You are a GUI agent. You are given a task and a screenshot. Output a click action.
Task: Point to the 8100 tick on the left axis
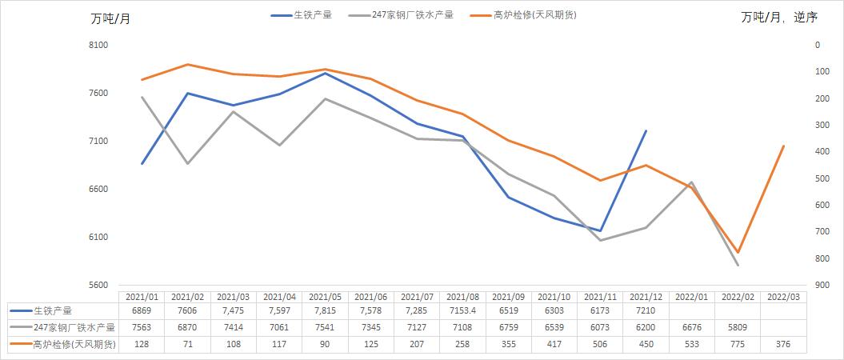[x=98, y=46]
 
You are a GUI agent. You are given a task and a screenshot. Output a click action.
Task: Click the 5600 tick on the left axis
[x=98, y=285]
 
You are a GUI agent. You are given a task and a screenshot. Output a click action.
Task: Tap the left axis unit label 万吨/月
[x=110, y=19]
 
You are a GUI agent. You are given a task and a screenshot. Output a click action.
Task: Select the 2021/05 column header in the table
[x=325, y=296]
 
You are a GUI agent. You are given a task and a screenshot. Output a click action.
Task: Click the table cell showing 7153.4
[x=462, y=310]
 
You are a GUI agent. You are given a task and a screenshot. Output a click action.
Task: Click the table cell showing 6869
[x=142, y=310]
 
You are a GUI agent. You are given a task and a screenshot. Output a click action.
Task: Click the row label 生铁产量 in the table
[x=58, y=310]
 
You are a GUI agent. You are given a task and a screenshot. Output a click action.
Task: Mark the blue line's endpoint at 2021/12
[x=646, y=130]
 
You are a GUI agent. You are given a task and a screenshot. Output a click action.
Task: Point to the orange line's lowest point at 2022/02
[x=738, y=252]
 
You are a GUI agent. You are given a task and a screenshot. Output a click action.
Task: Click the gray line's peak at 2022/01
[x=691, y=182]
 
